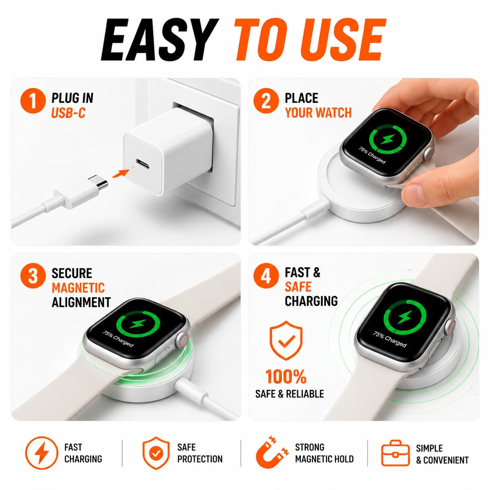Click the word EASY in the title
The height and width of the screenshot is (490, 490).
[160, 40]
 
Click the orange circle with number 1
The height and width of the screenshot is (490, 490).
[33, 101]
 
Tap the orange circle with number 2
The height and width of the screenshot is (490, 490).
[266, 101]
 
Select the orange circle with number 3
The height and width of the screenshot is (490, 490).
[33, 276]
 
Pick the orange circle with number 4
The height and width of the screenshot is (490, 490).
[266, 276]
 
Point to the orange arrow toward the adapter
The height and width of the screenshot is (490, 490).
[123, 172]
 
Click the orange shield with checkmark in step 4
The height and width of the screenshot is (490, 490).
[286, 340]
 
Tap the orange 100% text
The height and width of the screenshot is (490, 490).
[286, 376]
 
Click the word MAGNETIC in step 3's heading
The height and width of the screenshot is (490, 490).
[78, 288]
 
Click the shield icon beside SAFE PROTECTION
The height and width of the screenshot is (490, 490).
[156, 453]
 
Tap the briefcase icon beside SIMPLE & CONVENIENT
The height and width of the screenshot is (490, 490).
[395, 453]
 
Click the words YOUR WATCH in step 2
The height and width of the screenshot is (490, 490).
[318, 113]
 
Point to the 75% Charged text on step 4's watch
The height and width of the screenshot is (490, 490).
[390, 339]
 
